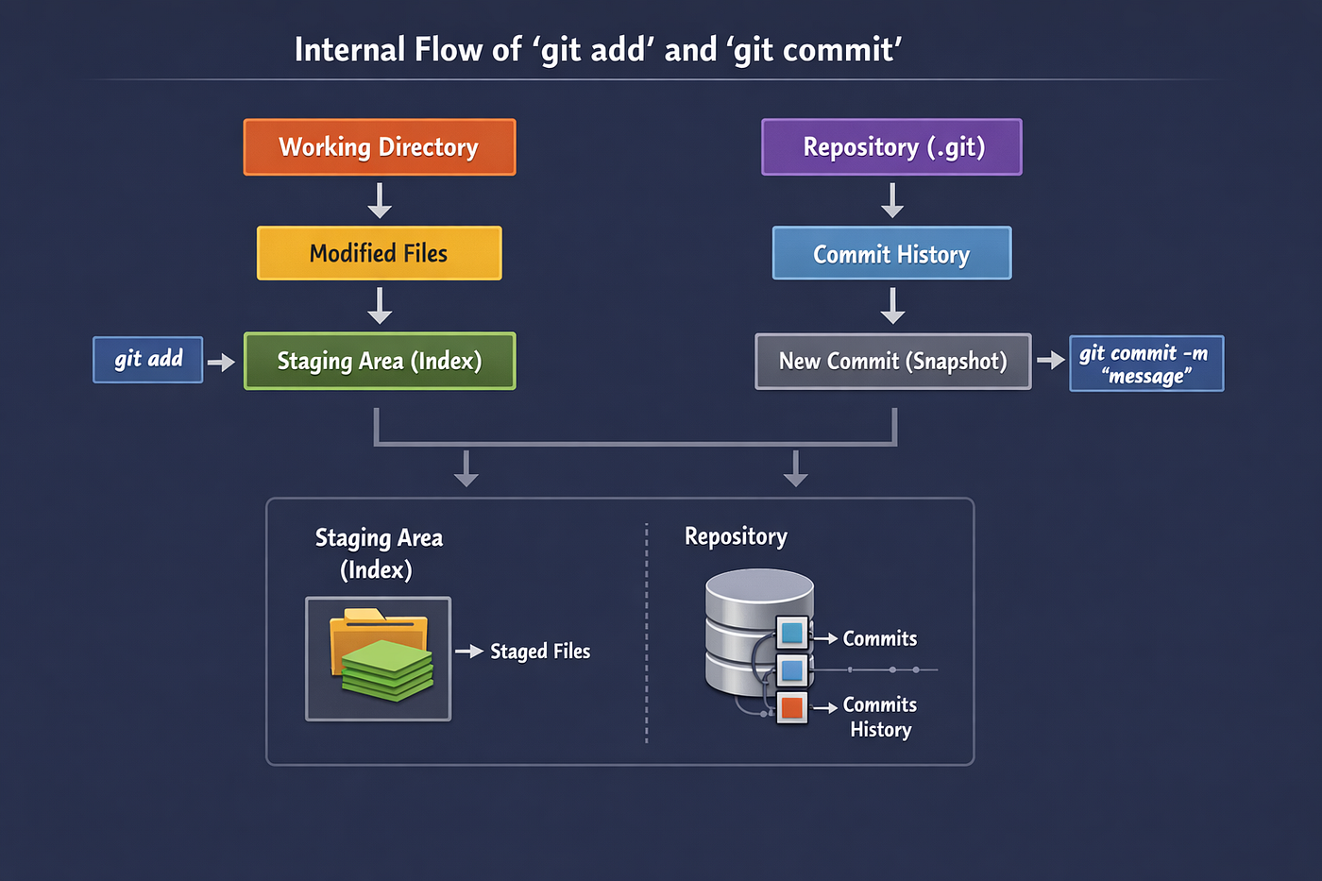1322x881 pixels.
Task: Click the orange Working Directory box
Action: coord(380,147)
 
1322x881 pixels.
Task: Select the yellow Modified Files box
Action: coord(380,253)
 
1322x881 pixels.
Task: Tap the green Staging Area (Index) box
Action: coord(380,361)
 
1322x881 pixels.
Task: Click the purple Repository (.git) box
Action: coord(891,147)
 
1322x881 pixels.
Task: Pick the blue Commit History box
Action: coord(891,253)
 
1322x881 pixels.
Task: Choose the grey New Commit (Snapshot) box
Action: coord(893,361)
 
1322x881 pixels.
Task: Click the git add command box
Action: coord(148,360)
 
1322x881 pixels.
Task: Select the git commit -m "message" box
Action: coord(1146,364)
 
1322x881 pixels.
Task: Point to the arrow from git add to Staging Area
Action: coord(221,362)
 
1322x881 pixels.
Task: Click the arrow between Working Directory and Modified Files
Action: coord(380,200)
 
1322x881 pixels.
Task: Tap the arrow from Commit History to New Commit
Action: coord(893,306)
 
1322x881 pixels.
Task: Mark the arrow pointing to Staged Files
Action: coord(470,651)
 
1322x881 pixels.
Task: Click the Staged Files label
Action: coord(540,652)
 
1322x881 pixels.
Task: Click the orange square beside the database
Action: coord(791,707)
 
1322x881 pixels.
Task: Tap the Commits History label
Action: coord(880,717)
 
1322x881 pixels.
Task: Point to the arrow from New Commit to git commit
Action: coord(1051,360)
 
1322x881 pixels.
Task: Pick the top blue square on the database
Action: coord(791,633)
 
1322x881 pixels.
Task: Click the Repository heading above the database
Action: coord(736,537)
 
